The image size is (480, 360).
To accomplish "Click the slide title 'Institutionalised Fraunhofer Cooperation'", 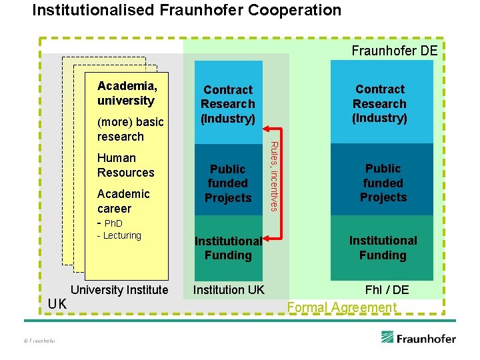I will (x=187, y=11).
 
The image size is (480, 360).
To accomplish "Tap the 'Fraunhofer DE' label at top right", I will (x=395, y=51).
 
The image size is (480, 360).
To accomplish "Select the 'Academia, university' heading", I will (x=127, y=93).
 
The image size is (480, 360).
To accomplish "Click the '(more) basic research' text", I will (x=130, y=129).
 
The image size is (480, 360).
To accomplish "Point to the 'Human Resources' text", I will (x=125, y=165).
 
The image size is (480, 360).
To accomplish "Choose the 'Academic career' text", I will (x=123, y=201).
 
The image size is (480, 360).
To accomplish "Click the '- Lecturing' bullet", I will (x=119, y=235).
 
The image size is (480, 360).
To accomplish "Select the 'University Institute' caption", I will (x=119, y=289).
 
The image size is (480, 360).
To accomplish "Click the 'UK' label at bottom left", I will (x=57, y=304).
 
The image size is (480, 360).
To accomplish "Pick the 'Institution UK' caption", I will (x=229, y=289).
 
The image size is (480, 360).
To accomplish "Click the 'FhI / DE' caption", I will (x=387, y=289).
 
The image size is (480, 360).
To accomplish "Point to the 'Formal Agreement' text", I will (x=341, y=307).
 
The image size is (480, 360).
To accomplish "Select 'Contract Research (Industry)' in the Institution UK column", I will (x=228, y=104).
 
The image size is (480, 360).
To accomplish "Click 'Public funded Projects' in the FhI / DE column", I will (x=383, y=183).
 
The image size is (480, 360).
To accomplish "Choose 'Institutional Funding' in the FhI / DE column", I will (x=383, y=247).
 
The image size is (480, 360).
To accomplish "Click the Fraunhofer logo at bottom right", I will (x=419, y=337).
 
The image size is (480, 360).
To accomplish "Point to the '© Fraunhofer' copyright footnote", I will (x=39, y=341).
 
